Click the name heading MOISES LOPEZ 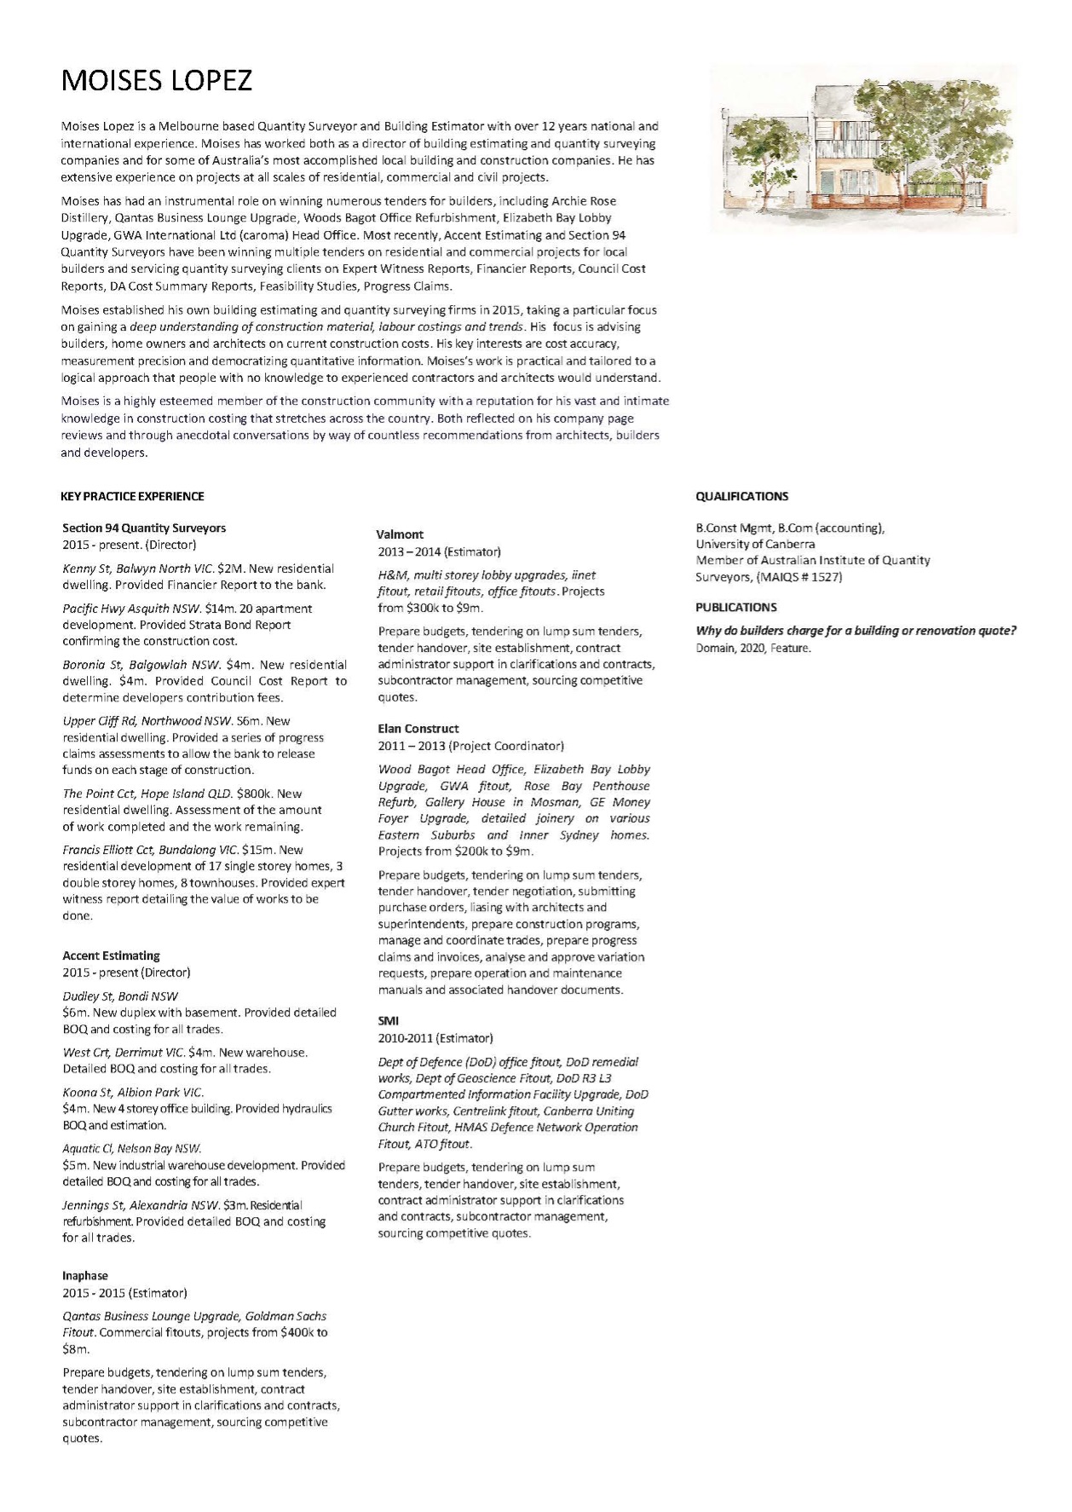[157, 81]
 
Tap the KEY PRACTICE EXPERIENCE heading [132, 496]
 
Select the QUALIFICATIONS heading [741, 496]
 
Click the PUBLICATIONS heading [736, 608]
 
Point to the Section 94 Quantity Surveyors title [144, 528]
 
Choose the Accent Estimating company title [111, 955]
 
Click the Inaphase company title [85, 1276]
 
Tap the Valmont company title [400, 534]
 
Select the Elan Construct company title [418, 729]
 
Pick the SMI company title [389, 1021]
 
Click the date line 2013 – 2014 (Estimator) [439, 551]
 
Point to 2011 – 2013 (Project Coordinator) [470, 746]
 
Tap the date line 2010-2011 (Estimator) [435, 1038]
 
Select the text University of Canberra [755, 544]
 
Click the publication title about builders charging [856, 631]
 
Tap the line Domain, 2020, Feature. [753, 648]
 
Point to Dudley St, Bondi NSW [120, 995]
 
